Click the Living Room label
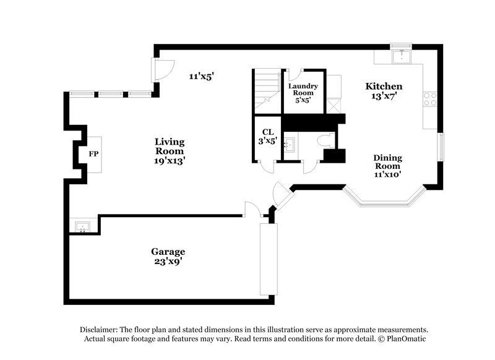170,150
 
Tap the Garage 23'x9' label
168,256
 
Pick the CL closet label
267,136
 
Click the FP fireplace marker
93,153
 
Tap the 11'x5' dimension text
201,76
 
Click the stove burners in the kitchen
429,100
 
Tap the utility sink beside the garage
82,226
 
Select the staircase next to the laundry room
267,90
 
